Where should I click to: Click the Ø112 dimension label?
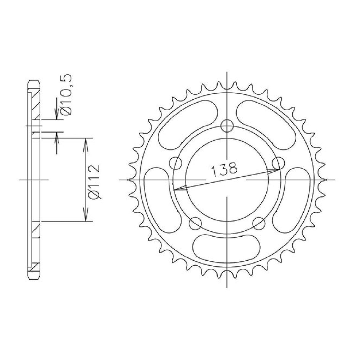[x=97, y=181]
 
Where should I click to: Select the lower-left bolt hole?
[x=195, y=223]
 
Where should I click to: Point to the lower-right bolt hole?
[x=259, y=223]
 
